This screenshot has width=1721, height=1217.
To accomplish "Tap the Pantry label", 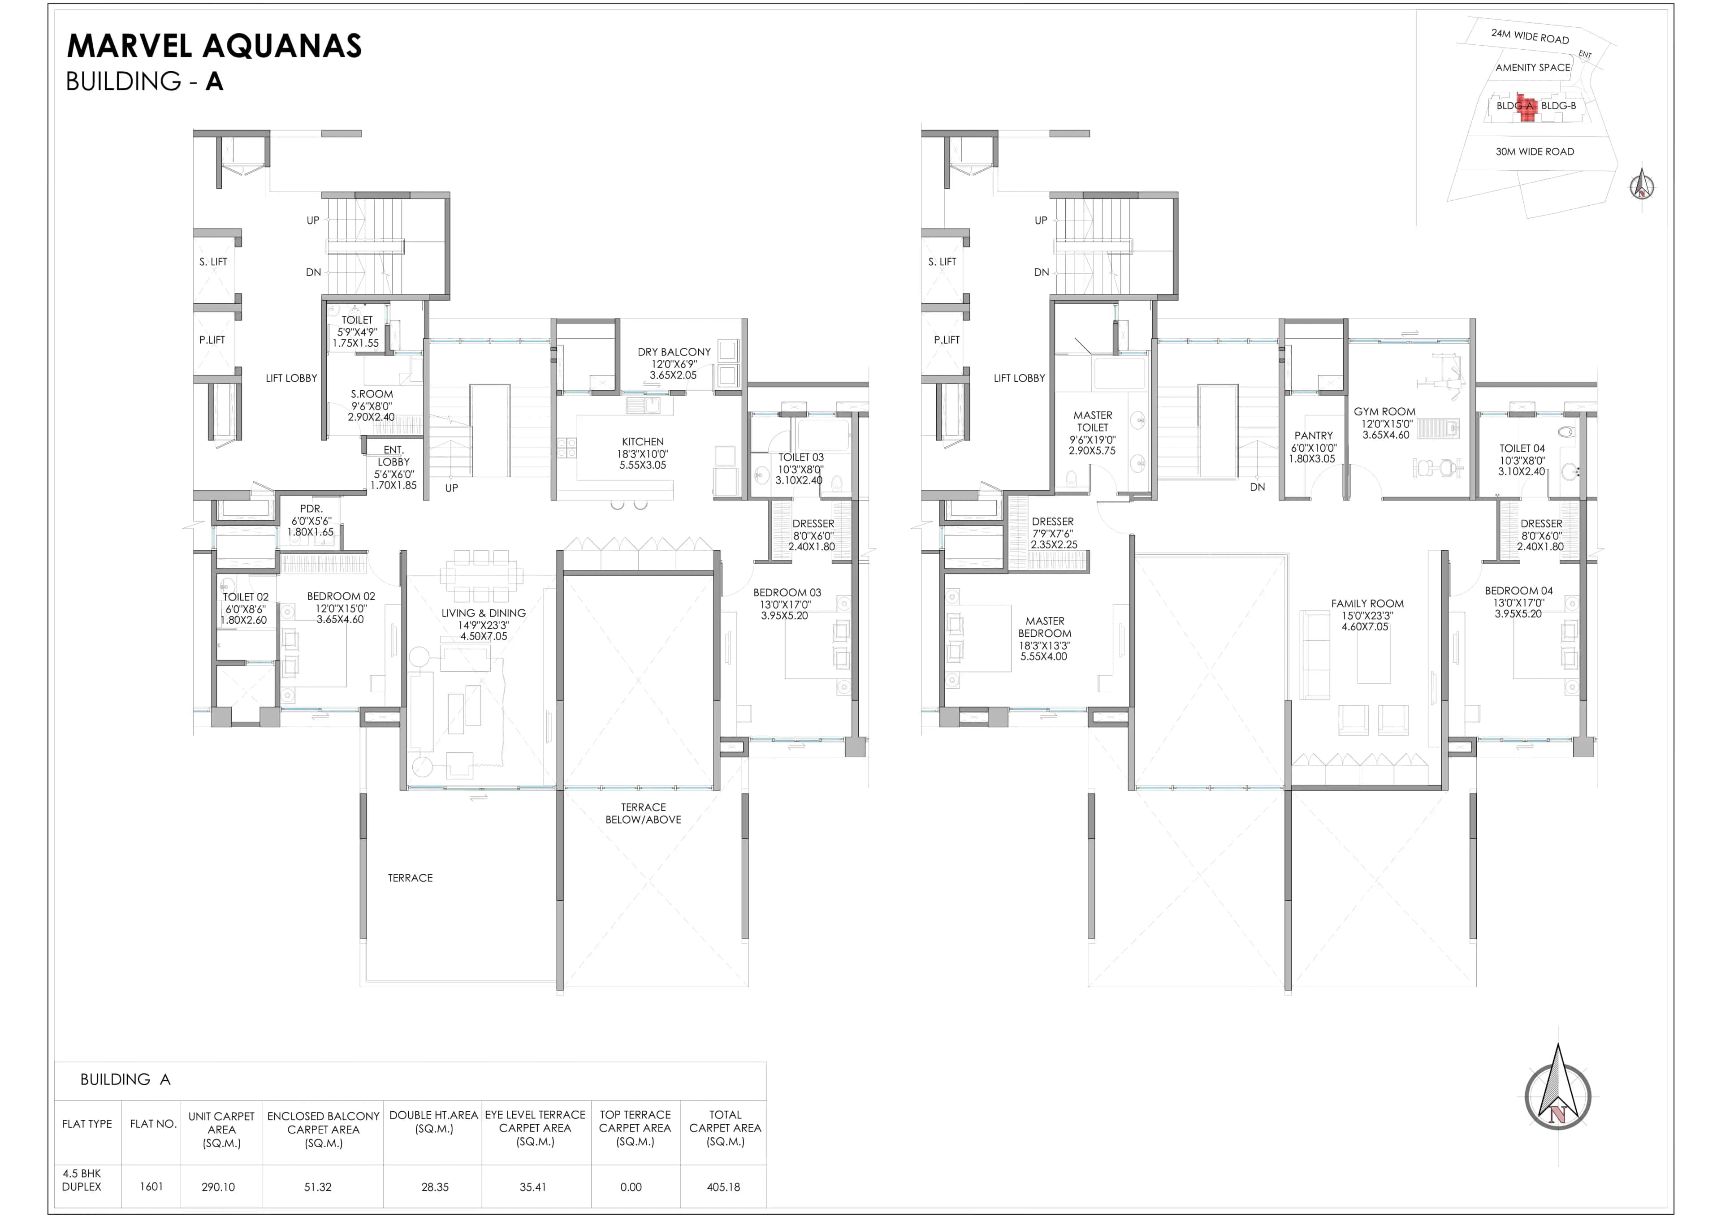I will [x=1313, y=436].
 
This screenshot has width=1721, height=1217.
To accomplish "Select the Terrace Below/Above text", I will [x=643, y=814].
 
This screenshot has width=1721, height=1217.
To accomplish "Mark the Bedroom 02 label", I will [x=341, y=596].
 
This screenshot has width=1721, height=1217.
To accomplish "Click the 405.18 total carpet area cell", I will [x=723, y=1187].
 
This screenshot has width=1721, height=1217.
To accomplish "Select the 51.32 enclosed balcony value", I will [x=318, y=1187].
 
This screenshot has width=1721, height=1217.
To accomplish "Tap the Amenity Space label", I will [x=1532, y=68].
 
